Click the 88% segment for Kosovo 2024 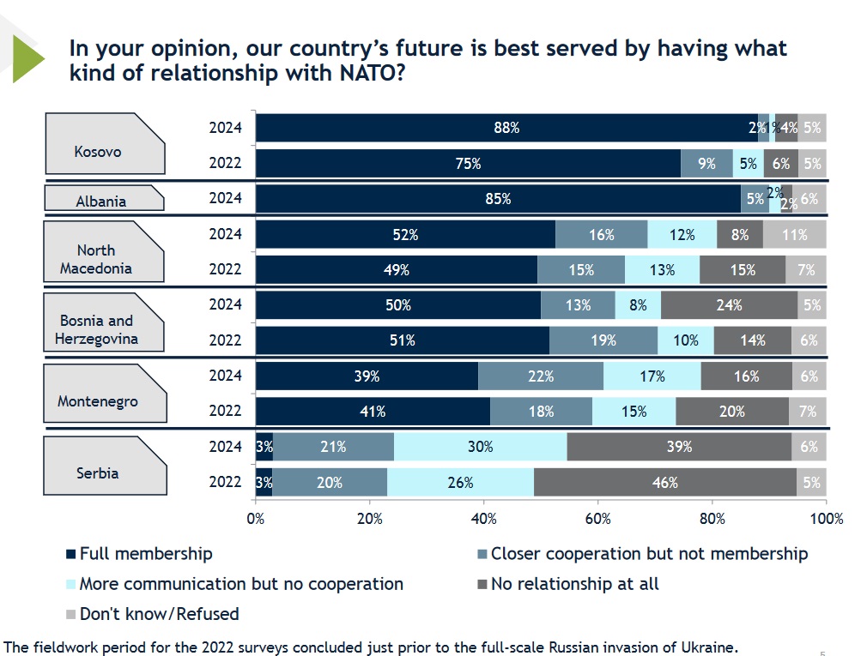[x=506, y=128]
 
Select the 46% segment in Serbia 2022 [x=664, y=483]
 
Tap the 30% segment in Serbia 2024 [x=480, y=447]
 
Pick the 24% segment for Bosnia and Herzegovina [x=729, y=304]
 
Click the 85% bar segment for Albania [x=498, y=199]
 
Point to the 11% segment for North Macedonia [x=794, y=234]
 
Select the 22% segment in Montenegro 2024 [x=541, y=376]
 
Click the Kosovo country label [x=98, y=152]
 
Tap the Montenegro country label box [x=98, y=400]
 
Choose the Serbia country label [x=98, y=472]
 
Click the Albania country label [x=101, y=202]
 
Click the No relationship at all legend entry [x=574, y=584]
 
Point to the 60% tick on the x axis [x=597, y=519]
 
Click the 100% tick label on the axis [x=826, y=519]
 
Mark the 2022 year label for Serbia [x=226, y=482]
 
